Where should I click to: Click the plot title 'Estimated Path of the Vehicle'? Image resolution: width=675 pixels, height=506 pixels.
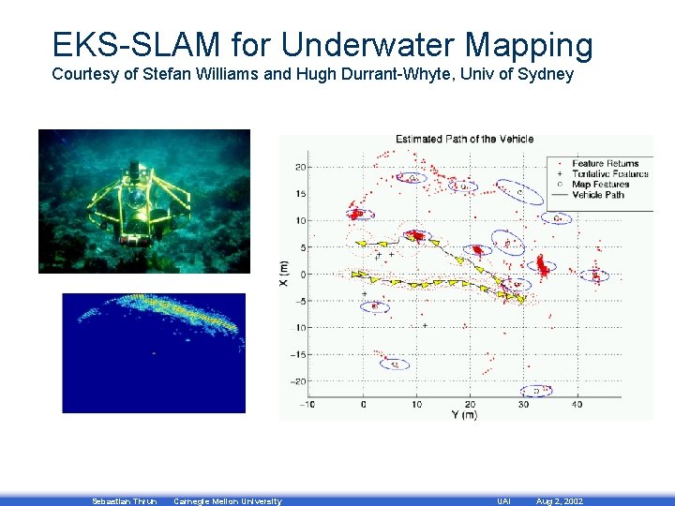[464, 140]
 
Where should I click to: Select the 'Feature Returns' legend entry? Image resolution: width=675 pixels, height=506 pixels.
[605, 164]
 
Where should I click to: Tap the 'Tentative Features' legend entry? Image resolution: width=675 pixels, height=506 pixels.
[608, 174]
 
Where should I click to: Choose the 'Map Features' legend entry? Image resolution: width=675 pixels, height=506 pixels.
[600, 185]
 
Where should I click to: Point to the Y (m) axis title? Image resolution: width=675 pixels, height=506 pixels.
[463, 415]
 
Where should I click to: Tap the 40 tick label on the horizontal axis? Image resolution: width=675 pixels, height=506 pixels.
[576, 405]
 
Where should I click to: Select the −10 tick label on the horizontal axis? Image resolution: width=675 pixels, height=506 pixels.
[307, 405]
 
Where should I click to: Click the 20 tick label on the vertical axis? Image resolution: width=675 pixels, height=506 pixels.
[299, 168]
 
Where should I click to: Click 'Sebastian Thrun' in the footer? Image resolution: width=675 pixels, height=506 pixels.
[124, 501]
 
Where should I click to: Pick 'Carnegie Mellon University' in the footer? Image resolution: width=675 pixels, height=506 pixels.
[227, 501]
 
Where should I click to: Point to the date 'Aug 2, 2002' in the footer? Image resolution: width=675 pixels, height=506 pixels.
[559, 501]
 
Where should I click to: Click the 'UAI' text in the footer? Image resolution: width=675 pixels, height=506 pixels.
[503, 501]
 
